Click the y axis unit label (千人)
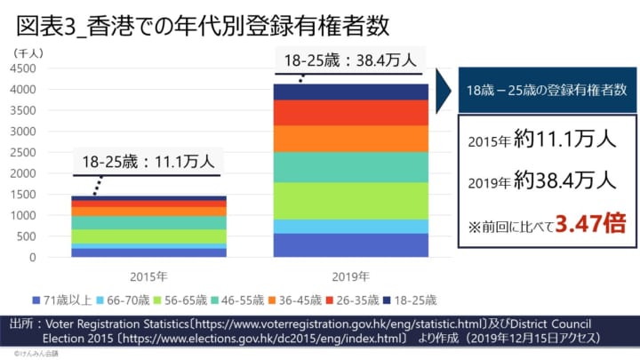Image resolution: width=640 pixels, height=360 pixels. pos(35,52)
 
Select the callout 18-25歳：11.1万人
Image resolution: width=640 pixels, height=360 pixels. pos(148,162)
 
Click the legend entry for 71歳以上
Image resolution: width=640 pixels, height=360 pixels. pos(63,299)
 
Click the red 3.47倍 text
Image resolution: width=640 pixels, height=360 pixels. pos(588,225)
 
